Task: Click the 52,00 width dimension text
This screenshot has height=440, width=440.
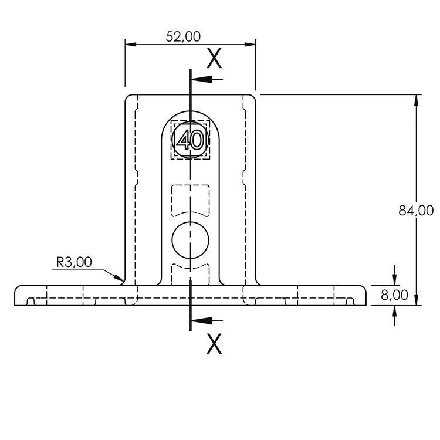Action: (183, 36)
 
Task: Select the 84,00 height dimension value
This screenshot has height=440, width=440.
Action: (416, 211)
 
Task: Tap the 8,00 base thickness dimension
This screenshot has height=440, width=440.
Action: (394, 295)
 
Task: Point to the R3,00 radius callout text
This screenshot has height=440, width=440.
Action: (74, 262)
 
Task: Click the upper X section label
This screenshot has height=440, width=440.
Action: (215, 58)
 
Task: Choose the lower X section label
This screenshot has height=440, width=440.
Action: (215, 344)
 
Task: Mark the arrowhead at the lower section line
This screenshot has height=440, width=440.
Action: (197, 320)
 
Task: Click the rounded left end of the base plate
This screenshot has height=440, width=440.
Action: (17, 296)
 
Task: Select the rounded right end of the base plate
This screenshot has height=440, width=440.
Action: (363, 296)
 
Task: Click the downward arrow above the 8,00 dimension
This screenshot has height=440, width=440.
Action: (394, 280)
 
